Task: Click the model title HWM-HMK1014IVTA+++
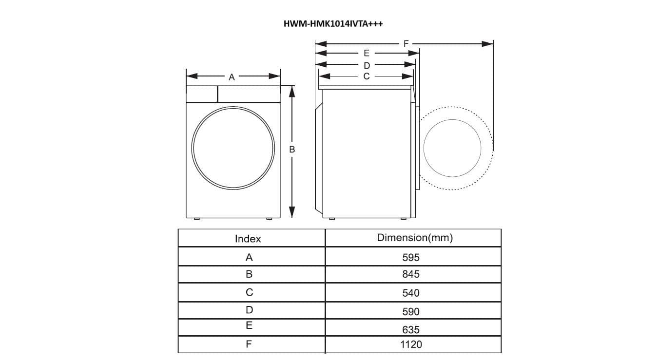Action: coord(333,24)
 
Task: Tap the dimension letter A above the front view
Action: coord(232,77)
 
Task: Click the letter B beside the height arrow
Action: coord(291,150)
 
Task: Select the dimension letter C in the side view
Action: coord(367,76)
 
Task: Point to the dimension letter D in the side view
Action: coord(367,65)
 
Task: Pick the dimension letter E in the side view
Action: coord(367,53)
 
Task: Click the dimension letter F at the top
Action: coord(406,44)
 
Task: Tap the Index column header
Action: coord(248,239)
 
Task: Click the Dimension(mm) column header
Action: coord(415,238)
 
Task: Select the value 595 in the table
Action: coord(411,258)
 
